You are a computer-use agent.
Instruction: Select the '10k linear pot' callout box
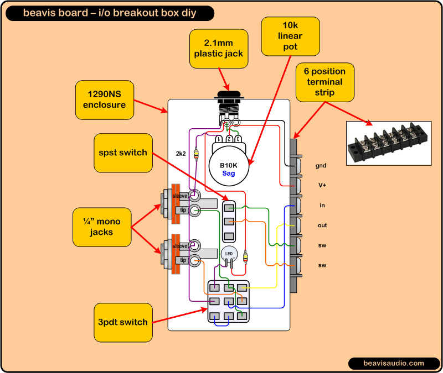[x=290, y=36]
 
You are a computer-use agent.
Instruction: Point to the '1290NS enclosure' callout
[x=105, y=100]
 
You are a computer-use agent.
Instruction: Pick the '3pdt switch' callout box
[x=122, y=322]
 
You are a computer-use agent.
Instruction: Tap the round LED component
[x=229, y=254]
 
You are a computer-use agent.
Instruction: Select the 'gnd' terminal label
[x=321, y=165]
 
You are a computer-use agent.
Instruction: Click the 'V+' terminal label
[x=321, y=185]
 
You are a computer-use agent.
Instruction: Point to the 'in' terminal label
[x=322, y=205]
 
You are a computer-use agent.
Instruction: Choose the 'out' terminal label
[x=322, y=225]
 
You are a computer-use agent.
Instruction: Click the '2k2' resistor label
[x=181, y=153]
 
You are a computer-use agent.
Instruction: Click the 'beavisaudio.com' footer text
[x=394, y=363]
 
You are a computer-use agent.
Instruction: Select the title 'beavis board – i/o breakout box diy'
[x=110, y=13]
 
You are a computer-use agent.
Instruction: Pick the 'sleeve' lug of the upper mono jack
[x=180, y=196]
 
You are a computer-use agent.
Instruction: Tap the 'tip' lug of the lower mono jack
[x=181, y=260]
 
